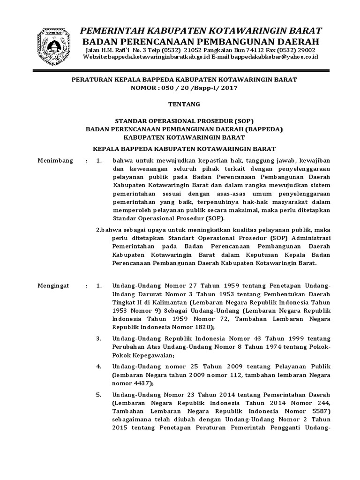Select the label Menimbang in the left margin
55,161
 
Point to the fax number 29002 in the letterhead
307,50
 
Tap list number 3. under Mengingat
98,338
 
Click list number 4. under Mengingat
98,364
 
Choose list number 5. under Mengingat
98,395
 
